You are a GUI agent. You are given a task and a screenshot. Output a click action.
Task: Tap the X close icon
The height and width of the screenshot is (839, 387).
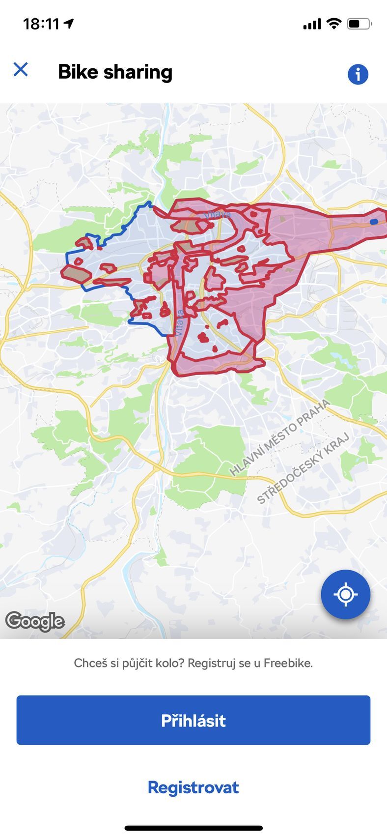pos(21,69)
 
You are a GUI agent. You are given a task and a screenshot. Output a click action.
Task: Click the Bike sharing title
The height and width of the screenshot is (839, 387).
pos(115,72)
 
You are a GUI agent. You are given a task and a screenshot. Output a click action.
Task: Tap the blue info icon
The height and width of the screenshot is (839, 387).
pos(358,74)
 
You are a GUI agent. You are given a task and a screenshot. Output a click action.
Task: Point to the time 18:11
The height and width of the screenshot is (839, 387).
pos(41,24)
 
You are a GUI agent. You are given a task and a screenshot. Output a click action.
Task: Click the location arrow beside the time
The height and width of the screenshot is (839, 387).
pos(69,23)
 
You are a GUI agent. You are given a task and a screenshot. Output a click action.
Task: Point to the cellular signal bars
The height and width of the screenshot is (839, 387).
pos(312,24)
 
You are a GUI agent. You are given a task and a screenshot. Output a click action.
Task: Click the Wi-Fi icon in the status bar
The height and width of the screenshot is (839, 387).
pos(334,23)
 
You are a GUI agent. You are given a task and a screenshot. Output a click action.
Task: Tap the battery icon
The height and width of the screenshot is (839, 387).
pos(359,24)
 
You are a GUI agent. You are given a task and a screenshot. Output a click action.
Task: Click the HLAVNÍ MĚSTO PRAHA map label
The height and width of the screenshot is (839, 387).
pos(279,437)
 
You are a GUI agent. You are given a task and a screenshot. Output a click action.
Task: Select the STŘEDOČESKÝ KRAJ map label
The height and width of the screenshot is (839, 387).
pos(303,468)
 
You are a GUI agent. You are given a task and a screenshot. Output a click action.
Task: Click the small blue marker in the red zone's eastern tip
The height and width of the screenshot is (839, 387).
pos(374,222)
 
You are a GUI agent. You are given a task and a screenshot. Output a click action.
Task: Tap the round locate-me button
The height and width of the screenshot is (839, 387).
pos(345,594)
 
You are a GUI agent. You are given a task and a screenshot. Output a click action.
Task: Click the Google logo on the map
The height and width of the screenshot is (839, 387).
pos(35,621)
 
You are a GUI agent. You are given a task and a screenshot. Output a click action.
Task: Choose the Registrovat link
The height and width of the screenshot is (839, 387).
pos(193,787)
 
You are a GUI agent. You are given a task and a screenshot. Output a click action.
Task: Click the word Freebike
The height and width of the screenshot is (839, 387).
pos(288,663)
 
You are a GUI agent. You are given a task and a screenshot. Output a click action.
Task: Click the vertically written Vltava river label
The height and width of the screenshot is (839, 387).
pos(179,322)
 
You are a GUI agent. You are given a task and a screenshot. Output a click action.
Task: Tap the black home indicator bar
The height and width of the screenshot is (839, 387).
pos(193,828)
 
